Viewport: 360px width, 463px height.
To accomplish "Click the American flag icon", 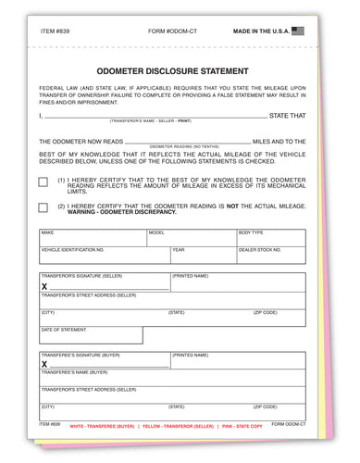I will (x=297, y=31).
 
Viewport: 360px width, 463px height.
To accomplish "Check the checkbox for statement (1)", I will (x=43, y=182).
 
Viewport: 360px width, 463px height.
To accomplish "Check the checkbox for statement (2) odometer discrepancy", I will (x=43, y=207).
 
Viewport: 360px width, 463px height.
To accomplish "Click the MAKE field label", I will (x=47, y=232).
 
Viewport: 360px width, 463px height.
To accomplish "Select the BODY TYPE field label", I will (x=251, y=232).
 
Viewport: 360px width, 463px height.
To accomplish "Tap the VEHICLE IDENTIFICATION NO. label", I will (x=73, y=250).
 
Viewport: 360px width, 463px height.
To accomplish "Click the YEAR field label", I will (x=179, y=250).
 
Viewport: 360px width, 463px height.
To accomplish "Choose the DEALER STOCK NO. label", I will (x=260, y=250).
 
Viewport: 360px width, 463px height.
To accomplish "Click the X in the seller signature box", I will (x=44, y=287).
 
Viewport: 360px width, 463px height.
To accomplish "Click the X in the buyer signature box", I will (x=44, y=365).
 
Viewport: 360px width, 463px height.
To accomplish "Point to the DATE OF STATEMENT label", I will (x=64, y=330).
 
